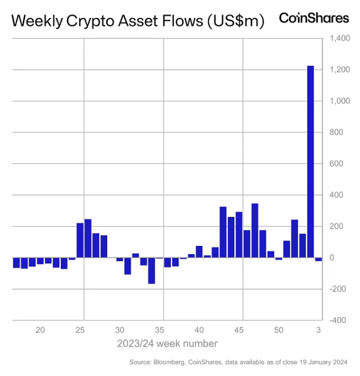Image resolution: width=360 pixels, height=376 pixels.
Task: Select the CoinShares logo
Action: click(314, 18)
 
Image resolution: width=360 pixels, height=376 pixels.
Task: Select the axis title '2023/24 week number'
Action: click(168, 344)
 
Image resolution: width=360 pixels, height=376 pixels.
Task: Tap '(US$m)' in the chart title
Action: click(235, 22)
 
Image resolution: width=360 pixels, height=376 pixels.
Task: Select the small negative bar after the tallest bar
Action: click(319, 259)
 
